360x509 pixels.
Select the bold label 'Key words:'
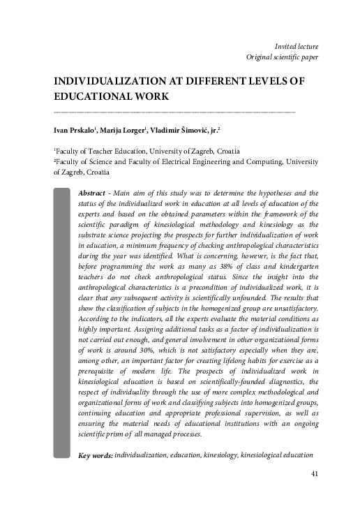pyautogui.click(x=96, y=436)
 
